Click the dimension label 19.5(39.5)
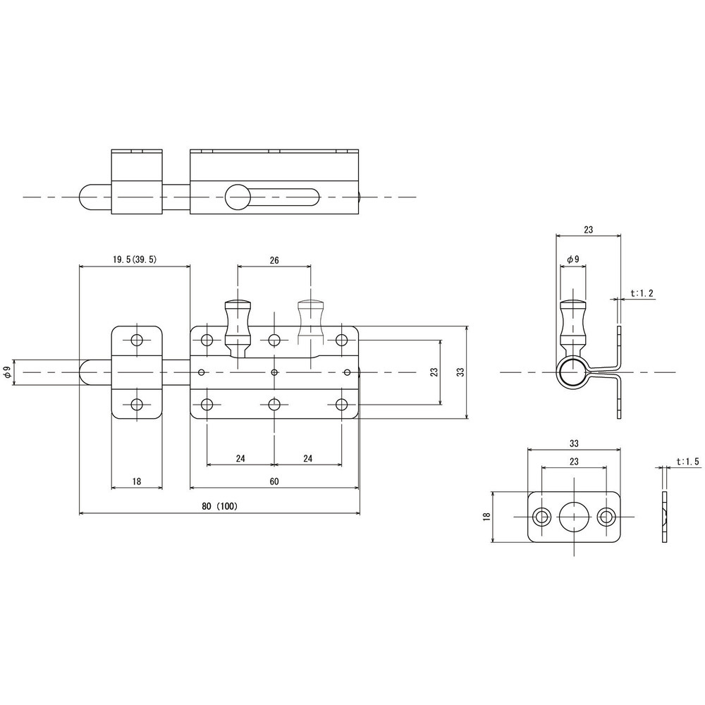135,259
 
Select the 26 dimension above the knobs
274,260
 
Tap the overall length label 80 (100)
219,505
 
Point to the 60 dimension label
274,482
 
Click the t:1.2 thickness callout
642,293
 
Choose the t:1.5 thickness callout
688,461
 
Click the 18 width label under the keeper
137,482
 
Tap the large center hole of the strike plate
574,517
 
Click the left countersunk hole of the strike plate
541,517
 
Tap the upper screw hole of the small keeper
137,340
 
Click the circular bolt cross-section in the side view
573,372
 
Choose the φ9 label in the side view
573,259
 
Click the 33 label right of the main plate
460,372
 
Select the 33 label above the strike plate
574,443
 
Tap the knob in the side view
573,326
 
